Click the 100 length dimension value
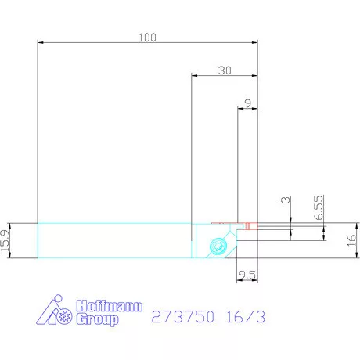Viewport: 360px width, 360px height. pos(146,37)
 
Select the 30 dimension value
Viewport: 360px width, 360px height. pos(225,70)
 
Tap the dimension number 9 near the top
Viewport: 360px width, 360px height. pos(247,103)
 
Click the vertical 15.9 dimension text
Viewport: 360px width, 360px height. pos(6,241)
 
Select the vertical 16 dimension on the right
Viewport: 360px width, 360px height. pos(352,241)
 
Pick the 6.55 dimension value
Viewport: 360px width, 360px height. pos(319,207)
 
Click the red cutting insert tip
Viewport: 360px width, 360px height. pos(247,226)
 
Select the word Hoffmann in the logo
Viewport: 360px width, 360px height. pos(109,306)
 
